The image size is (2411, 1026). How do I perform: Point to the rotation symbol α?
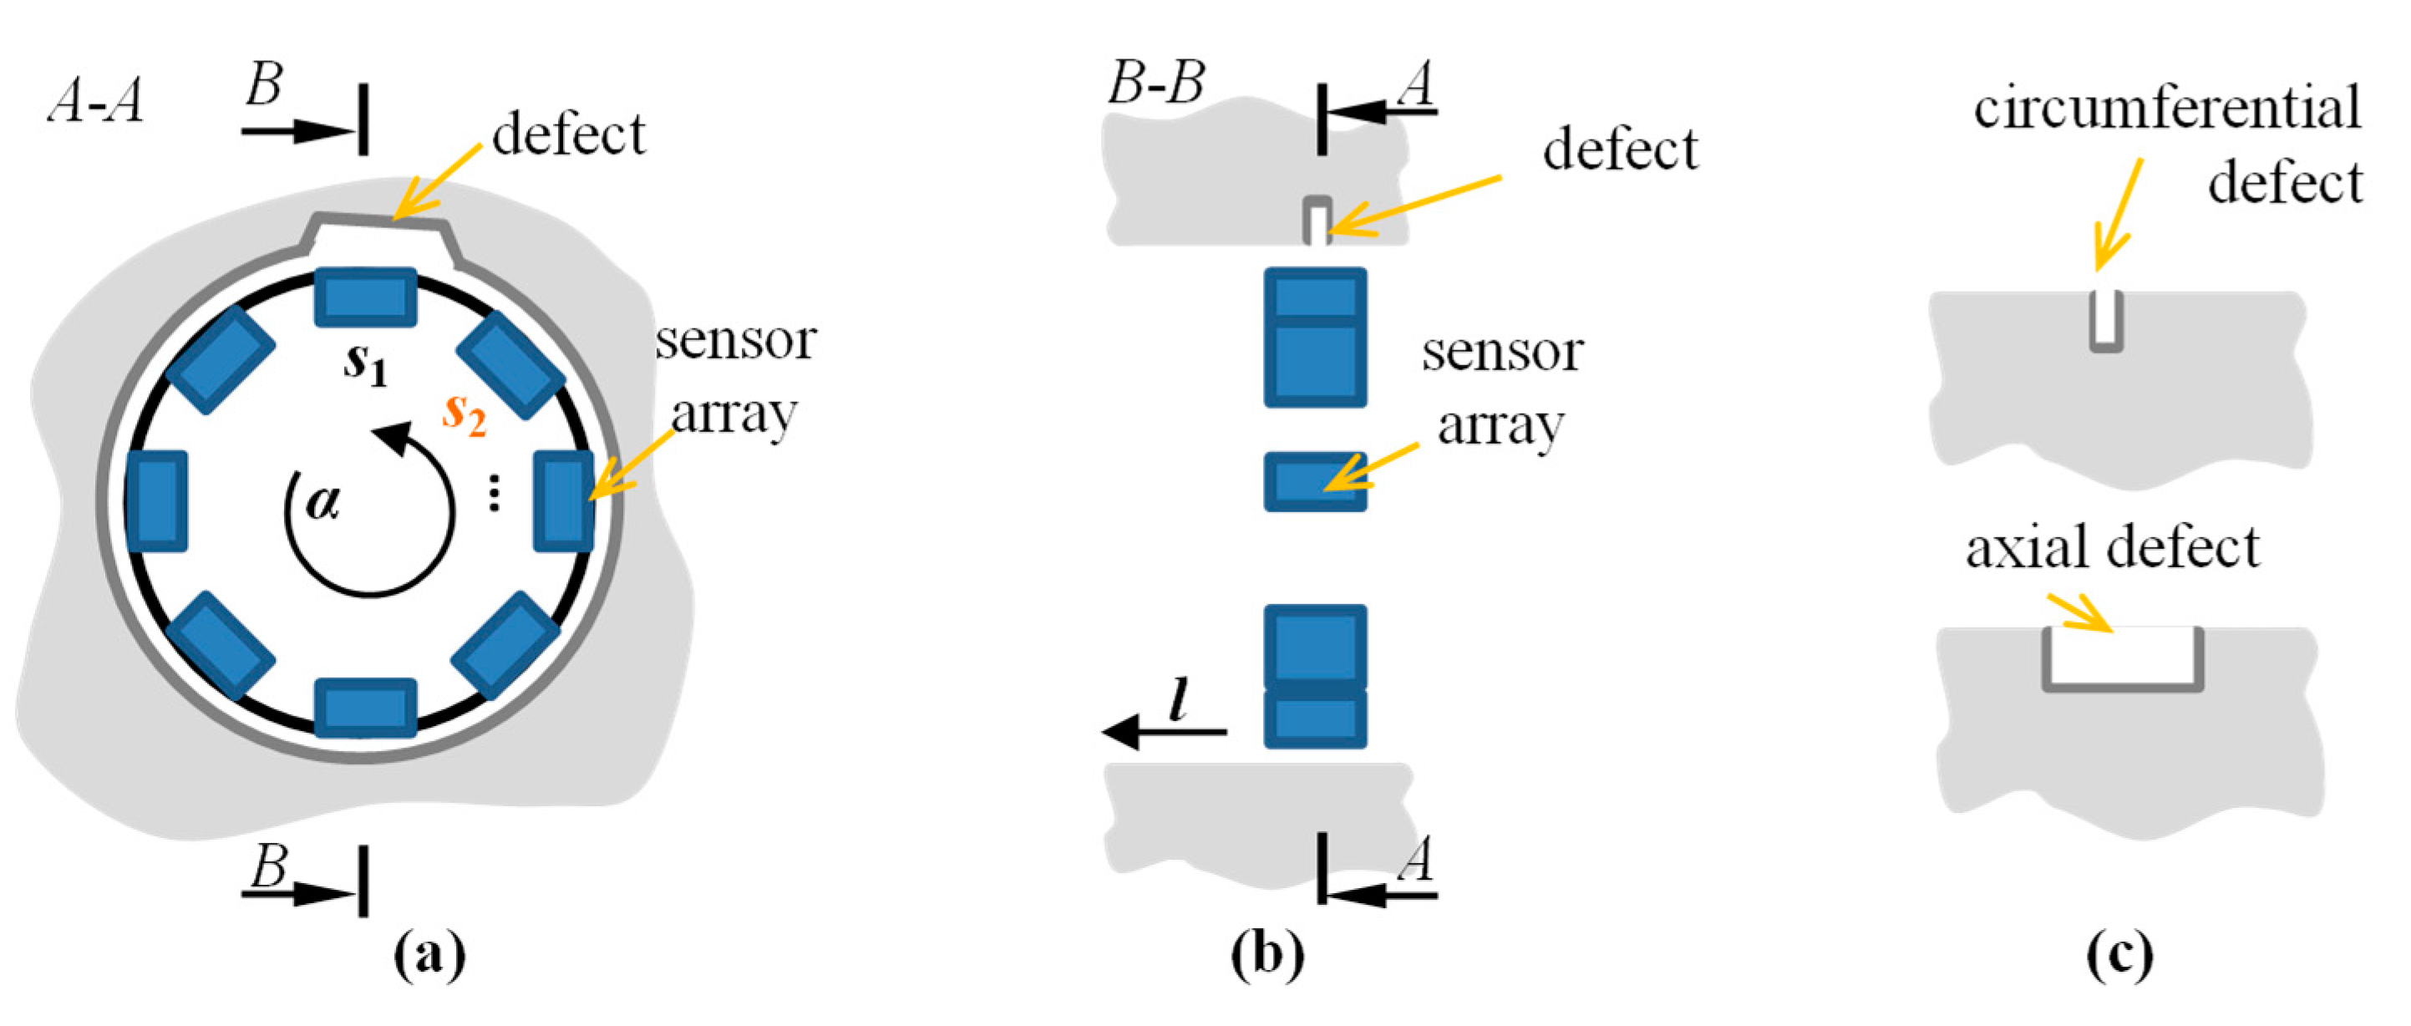323,503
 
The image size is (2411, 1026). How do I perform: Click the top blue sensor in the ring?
365,297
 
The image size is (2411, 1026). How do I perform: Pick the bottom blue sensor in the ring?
365,708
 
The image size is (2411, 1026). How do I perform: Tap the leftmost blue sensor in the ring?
156,500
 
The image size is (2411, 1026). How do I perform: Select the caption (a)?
429,955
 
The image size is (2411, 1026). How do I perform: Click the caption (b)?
1267,955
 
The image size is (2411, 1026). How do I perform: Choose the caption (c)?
2120,955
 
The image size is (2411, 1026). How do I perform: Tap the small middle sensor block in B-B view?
1315,482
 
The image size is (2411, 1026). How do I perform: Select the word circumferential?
2167,108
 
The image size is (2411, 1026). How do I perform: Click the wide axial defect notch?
2123,658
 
